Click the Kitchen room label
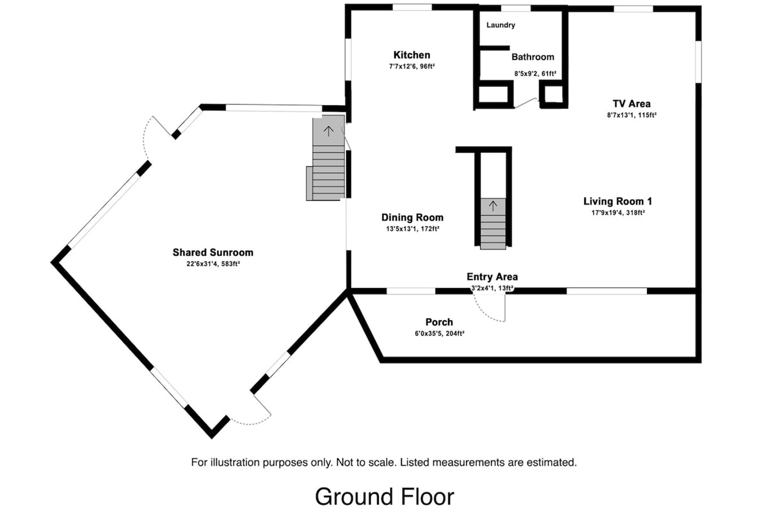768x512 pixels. tap(412, 55)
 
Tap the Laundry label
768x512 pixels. tap(500, 26)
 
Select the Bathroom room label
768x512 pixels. tap(532, 57)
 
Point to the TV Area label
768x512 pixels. tap(632, 104)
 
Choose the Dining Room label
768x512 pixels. tap(412, 218)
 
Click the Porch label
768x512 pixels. tap(439, 322)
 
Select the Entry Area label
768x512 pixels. tap(492, 277)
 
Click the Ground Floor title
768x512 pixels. tap(384, 496)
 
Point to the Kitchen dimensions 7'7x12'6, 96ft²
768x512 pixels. tap(412, 67)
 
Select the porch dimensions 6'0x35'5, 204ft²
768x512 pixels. tap(439, 333)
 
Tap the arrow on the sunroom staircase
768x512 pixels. tap(328, 132)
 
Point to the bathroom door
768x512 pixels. tap(525, 103)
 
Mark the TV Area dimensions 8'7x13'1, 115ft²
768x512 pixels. tap(632, 115)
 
